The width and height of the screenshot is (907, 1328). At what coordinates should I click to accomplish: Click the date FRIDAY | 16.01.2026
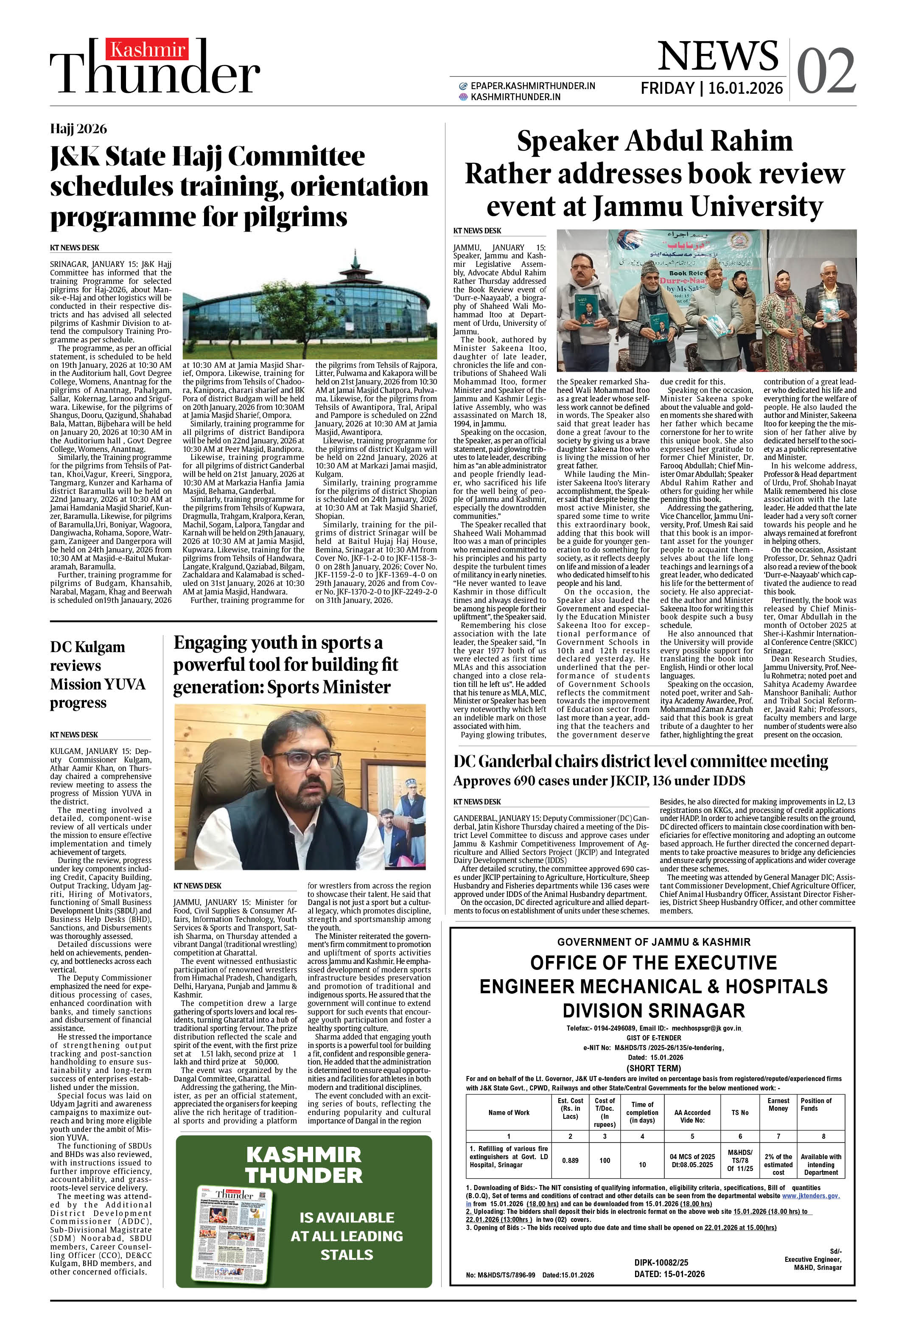click(x=711, y=88)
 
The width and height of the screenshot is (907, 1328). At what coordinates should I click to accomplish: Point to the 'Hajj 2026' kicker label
click(x=78, y=129)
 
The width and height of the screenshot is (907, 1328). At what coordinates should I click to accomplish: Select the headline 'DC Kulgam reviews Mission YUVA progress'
click(x=98, y=675)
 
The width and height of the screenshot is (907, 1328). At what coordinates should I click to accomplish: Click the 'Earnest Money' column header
click(x=778, y=1104)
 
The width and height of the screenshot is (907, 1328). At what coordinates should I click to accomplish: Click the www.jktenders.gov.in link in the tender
click(x=810, y=1196)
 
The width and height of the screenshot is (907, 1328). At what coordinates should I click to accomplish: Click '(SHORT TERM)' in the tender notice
click(x=654, y=1068)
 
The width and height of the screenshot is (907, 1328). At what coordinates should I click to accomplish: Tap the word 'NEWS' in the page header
click(x=717, y=56)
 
